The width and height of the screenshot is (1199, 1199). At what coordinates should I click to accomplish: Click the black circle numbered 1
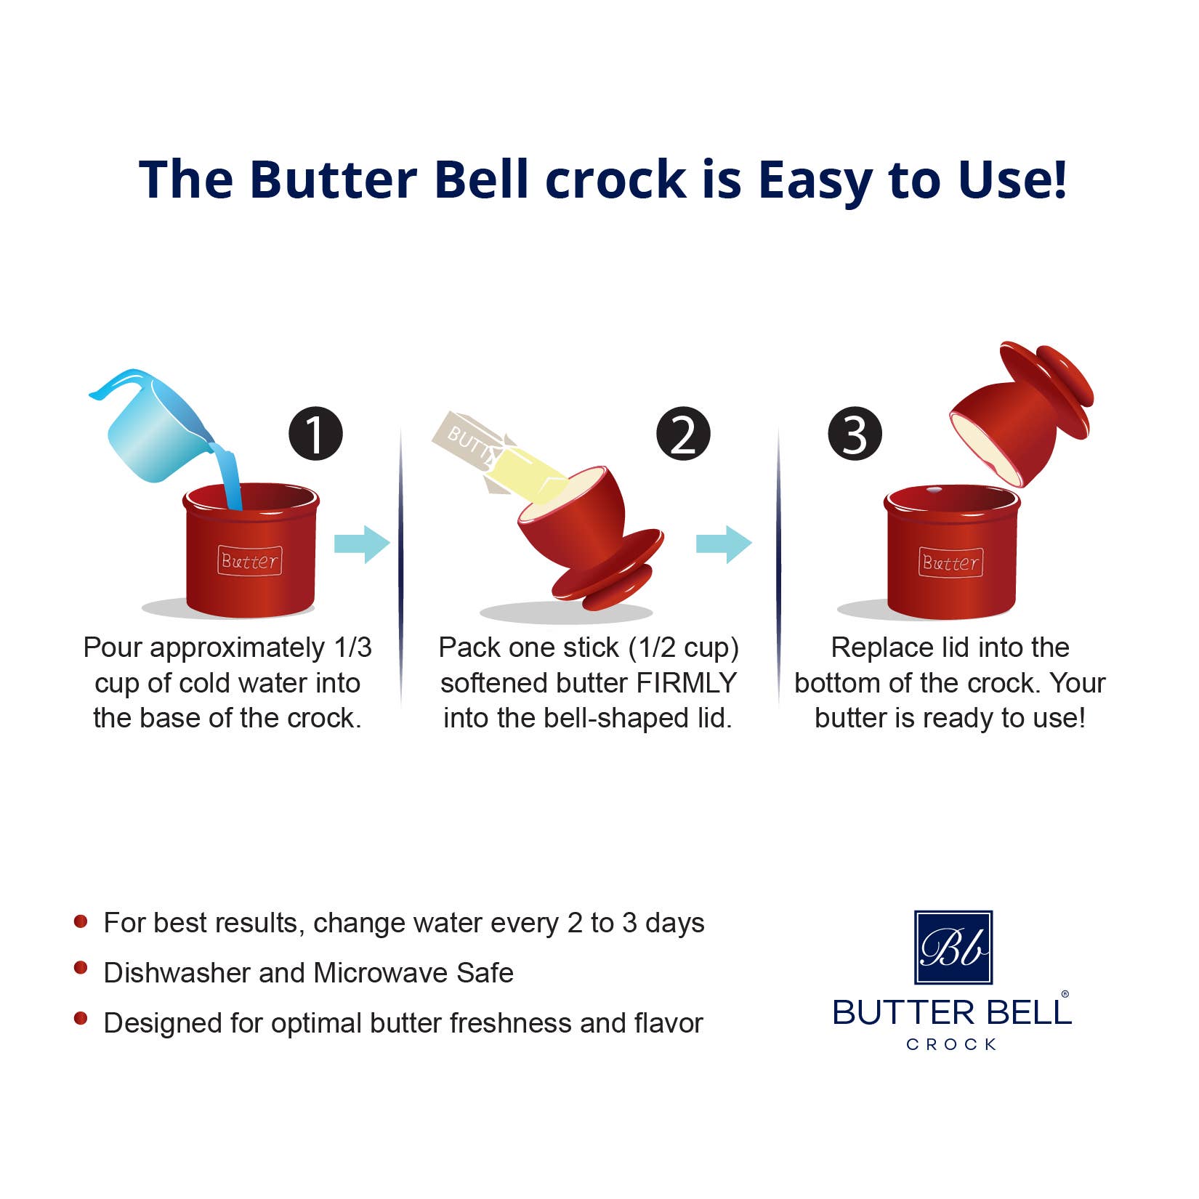click(x=315, y=434)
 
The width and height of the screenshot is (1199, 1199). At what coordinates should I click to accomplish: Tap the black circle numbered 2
click(x=683, y=434)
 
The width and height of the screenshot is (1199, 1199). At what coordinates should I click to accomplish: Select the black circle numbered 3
click(x=855, y=434)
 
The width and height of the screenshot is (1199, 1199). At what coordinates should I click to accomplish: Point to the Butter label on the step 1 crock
click(x=249, y=561)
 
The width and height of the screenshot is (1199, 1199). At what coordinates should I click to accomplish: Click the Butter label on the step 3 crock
click(x=950, y=562)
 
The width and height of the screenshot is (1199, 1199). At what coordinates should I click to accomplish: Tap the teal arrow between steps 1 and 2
click(x=362, y=544)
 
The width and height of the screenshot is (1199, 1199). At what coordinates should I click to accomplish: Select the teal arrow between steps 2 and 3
click(x=724, y=544)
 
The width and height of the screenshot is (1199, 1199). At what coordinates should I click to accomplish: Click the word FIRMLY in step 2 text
click(x=687, y=683)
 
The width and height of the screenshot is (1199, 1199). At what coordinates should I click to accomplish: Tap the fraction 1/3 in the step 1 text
click(x=352, y=647)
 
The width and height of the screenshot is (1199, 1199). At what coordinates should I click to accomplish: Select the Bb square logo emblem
click(x=953, y=947)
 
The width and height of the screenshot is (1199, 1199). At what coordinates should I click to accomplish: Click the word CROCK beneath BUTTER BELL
click(x=951, y=1044)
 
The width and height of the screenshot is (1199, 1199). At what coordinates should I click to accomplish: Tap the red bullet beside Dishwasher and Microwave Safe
click(x=81, y=968)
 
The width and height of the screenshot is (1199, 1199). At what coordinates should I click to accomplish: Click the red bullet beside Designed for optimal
click(x=81, y=1018)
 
